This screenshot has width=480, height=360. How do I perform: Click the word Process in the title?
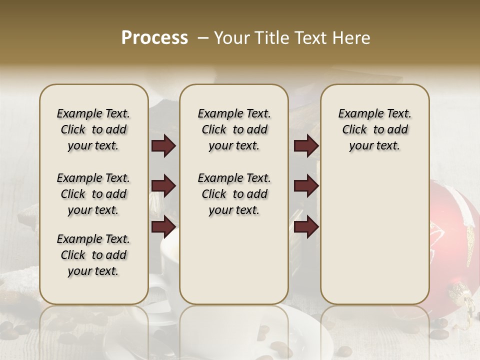tap(154, 38)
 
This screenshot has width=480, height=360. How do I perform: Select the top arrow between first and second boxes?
tap(163, 146)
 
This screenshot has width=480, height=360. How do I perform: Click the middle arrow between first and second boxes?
tap(163, 186)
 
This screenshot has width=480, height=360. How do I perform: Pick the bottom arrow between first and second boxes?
tap(163, 227)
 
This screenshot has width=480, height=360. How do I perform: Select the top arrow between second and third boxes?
tap(306, 146)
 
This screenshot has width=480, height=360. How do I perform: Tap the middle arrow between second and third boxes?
tap(306, 186)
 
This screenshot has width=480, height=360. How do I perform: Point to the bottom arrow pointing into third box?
tap(306, 227)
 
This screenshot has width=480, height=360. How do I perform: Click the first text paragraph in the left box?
tap(93, 129)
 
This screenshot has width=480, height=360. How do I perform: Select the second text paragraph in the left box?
tap(93, 194)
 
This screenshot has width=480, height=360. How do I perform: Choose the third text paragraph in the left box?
tap(93, 255)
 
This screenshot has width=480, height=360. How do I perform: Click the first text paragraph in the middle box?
tap(234, 129)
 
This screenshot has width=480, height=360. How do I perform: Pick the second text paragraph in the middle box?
tap(234, 194)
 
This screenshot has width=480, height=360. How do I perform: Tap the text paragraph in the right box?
tap(374, 129)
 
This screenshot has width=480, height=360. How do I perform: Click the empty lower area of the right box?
tap(374, 235)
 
